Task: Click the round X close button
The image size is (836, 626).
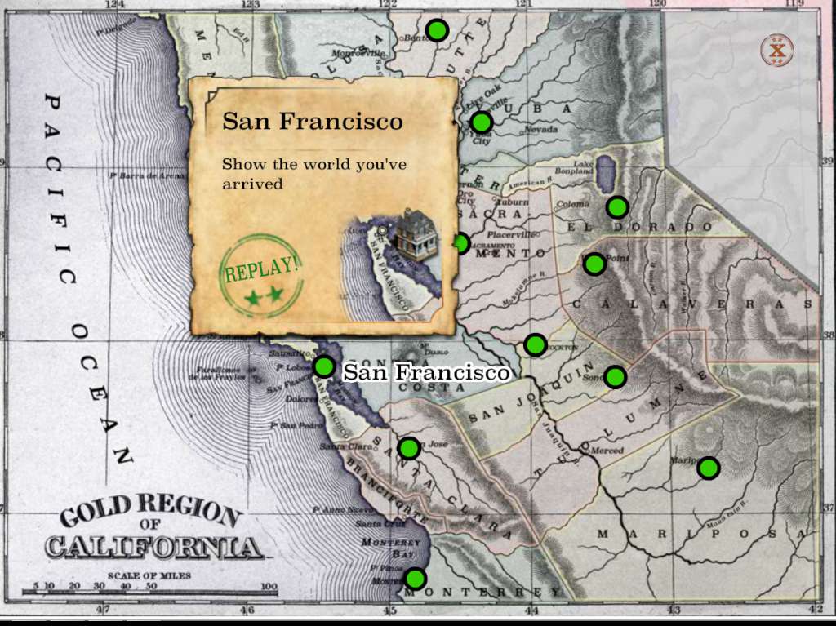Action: [x=778, y=51]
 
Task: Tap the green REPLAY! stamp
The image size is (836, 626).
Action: [x=261, y=275]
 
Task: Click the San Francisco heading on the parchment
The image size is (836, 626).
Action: [x=313, y=122]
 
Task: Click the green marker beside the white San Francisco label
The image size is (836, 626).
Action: [x=324, y=366]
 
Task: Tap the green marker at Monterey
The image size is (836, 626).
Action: [x=416, y=579]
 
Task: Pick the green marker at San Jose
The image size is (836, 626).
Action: [x=409, y=447]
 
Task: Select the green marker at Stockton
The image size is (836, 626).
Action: [x=536, y=344]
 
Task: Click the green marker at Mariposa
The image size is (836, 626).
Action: [x=708, y=468]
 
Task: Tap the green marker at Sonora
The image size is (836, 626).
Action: [x=615, y=376]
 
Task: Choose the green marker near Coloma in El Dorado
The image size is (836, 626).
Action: [x=617, y=206]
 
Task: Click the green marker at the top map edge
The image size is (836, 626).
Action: [x=438, y=30]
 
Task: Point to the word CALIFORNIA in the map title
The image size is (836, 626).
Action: [x=154, y=546]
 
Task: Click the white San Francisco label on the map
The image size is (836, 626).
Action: [x=426, y=373]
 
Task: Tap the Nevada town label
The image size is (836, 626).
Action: [x=540, y=130]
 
